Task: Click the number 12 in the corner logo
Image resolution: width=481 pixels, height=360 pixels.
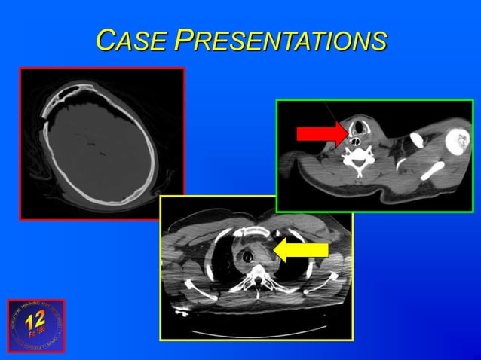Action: pos(35,320)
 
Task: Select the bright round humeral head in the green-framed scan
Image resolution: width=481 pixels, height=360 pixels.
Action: pos(456,141)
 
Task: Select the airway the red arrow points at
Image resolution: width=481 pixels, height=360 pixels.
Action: pos(353,136)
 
